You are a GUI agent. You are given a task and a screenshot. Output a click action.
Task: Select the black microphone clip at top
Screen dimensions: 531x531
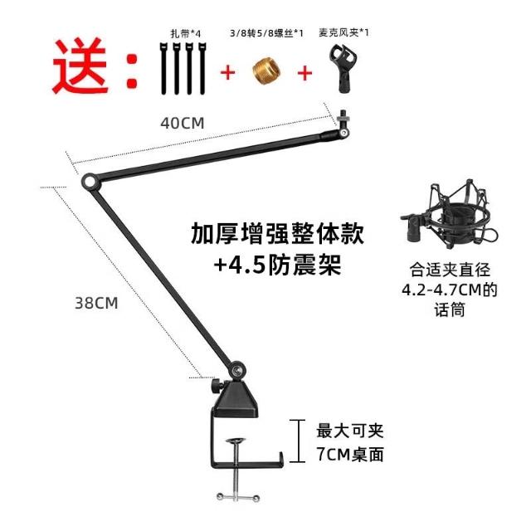point(340,71)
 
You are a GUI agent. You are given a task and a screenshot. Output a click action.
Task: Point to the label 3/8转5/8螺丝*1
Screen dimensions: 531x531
point(265,34)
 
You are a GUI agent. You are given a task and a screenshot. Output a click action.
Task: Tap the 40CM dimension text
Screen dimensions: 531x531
point(182,123)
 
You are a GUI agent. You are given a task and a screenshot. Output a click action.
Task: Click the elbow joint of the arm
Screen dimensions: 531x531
point(87,180)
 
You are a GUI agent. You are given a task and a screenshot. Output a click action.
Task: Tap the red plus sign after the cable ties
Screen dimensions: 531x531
point(227,72)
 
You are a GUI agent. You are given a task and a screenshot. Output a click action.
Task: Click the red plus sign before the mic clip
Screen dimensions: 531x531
point(304,72)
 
